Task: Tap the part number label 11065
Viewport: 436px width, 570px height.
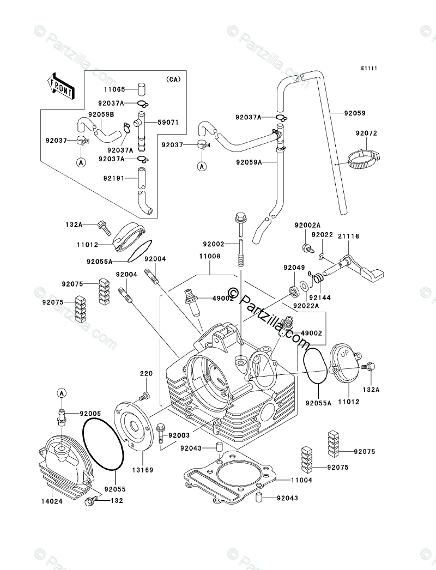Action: (x=114, y=89)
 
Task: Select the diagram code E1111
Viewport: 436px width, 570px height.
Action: (x=369, y=68)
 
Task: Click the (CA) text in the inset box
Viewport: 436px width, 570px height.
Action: (x=173, y=79)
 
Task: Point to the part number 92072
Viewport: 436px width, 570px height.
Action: (x=367, y=134)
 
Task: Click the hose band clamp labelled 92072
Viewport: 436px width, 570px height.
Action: (x=362, y=159)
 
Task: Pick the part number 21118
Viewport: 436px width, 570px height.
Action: (x=348, y=237)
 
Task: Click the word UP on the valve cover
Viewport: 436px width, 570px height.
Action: (x=344, y=353)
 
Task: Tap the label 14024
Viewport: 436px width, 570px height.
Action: (x=51, y=501)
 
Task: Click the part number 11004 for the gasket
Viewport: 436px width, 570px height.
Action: (x=301, y=480)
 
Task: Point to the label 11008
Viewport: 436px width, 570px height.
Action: (x=209, y=257)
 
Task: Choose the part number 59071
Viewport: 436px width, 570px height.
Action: (x=168, y=123)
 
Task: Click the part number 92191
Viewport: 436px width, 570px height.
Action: (x=114, y=179)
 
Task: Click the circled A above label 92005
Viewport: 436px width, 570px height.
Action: (x=62, y=392)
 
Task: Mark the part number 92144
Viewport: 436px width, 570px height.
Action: (x=320, y=298)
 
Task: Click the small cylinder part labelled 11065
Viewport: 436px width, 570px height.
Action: (x=141, y=89)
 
